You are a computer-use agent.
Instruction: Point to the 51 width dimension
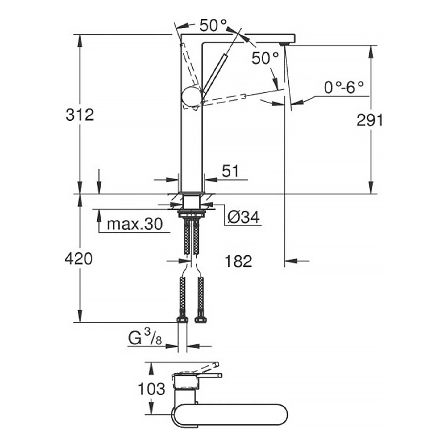230,171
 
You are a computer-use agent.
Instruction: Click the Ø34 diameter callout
244,218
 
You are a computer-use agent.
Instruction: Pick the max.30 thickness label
135,224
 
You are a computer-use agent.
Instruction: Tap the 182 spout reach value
238,261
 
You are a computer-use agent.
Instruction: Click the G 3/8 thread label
145,338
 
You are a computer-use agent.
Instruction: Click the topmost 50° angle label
213,25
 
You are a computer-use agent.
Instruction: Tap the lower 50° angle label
265,59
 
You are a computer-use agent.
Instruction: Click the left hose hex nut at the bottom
182,319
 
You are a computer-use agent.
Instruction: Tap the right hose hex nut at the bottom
200,319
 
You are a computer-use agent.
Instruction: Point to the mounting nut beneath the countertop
191,214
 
